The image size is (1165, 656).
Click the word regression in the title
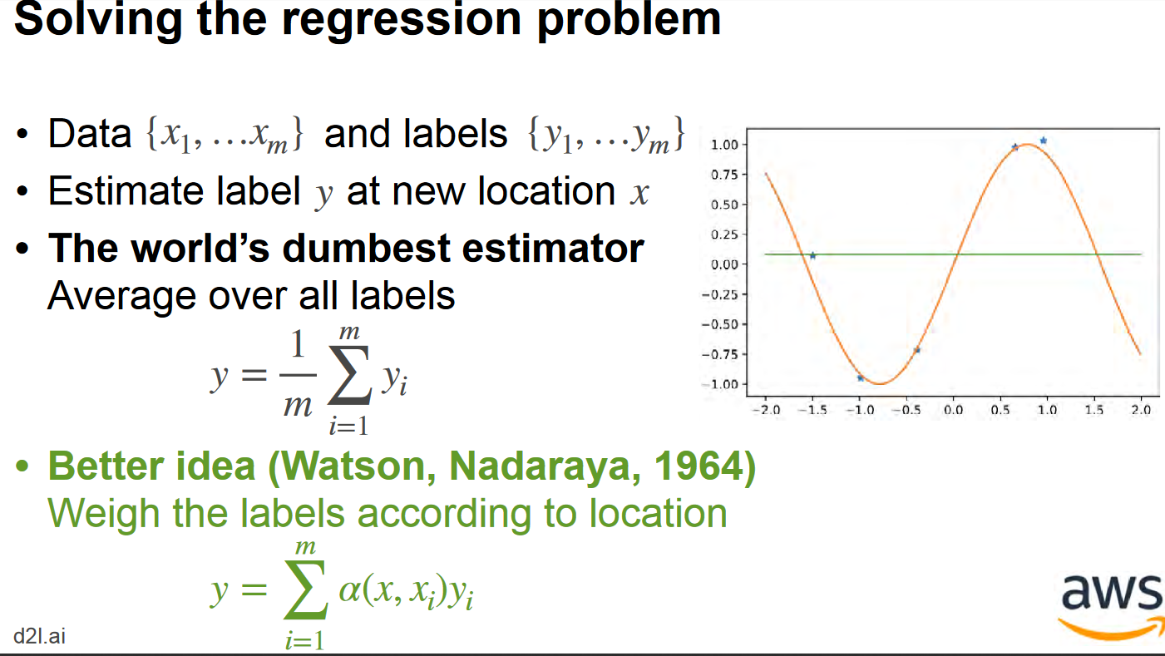click(402, 21)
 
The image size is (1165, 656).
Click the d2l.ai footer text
click(40, 636)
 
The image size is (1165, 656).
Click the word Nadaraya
click(545, 466)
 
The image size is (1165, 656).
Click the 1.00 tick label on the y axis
click(724, 145)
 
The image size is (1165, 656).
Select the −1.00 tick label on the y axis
click(720, 384)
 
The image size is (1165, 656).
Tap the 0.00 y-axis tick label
click(724, 264)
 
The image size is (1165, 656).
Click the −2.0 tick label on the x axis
click(766, 410)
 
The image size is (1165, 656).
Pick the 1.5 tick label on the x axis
click(1094, 410)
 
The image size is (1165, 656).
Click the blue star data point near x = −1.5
click(813, 255)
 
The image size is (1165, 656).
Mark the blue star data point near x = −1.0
click(860, 378)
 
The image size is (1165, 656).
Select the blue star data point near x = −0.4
click(917, 350)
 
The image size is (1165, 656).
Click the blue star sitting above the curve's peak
click(1044, 141)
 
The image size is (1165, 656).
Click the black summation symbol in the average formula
click(349, 376)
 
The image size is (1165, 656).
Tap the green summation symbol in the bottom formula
click(306, 590)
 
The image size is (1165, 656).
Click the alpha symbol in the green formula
click(349, 591)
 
